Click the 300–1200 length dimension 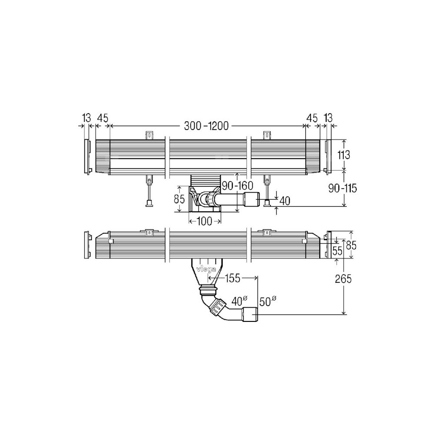(206, 126)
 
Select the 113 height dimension (344, 155)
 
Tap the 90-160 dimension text (238, 185)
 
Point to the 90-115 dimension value (342, 189)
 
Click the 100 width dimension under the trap (205, 221)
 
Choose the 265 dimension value (343, 279)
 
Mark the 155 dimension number (232, 278)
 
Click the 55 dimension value (337, 251)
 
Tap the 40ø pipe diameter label (239, 301)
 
